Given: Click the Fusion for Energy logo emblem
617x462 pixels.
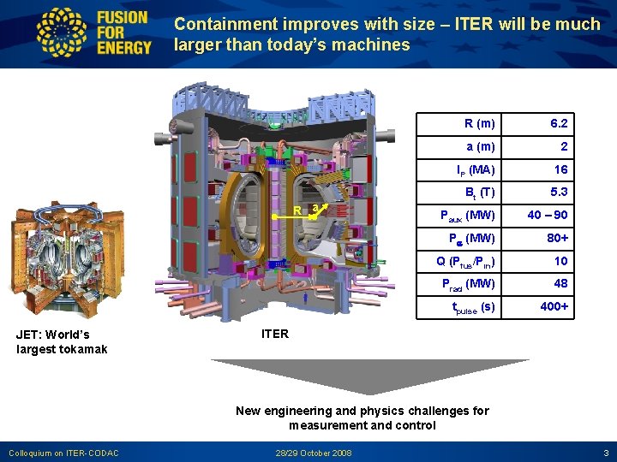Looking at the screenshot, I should point(63,33).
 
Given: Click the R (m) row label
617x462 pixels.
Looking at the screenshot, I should point(479,124).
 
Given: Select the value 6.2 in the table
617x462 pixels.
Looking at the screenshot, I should point(559,124).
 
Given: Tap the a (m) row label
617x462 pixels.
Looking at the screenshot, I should point(480,147).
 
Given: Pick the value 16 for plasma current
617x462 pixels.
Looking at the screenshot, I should point(560,170).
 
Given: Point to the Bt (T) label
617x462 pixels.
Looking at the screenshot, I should point(479,192).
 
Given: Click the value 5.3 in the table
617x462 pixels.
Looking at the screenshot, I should point(559,192).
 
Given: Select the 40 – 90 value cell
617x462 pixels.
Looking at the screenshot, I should point(548,215).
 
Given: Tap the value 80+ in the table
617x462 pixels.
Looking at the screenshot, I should point(558,238).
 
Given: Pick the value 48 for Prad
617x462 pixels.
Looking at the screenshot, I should point(560,283).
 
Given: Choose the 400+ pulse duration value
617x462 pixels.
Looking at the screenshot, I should point(554,306).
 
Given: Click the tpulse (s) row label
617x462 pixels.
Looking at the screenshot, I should point(473,307).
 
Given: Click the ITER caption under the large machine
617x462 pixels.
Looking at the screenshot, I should point(274,334).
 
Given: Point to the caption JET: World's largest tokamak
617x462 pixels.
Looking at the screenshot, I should point(62,341).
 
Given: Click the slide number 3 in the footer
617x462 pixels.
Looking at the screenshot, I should point(606,452).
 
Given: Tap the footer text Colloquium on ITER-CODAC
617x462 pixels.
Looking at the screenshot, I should point(63,452).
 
